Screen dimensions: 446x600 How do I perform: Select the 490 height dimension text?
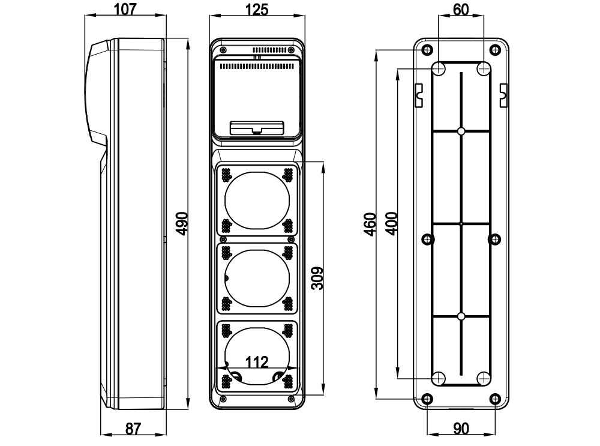click(181, 223)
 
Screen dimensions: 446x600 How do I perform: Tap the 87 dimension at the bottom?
click(133, 429)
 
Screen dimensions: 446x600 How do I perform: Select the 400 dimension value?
click(391, 224)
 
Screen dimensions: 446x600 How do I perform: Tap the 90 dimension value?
click(460, 429)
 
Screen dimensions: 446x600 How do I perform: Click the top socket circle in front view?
click(257, 199)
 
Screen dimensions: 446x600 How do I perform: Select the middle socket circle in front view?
click(257, 277)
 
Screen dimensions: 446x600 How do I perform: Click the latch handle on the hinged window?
click(257, 128)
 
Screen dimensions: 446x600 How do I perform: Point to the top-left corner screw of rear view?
click(427, 49)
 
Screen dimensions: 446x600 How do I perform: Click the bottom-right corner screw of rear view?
click(495, 399)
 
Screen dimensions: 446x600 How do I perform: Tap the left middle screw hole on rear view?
click(428, 240)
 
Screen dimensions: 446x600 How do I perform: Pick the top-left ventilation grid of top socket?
click(227, 175)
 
